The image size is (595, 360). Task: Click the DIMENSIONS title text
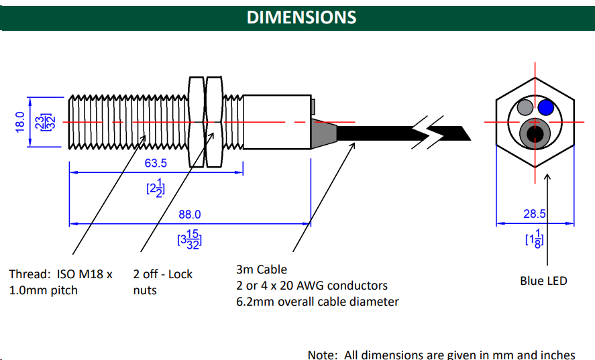coord(301,17)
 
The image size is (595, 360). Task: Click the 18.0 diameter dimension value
coord(19,121)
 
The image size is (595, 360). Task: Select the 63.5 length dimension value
coord(156,163)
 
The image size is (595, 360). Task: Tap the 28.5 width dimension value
coord(535,215)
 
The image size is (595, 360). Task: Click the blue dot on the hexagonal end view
coord(546,107)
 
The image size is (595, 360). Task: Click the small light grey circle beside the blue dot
coord(525,107)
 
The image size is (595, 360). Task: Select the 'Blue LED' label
coord(543,281)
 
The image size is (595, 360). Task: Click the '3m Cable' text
coord(262,269)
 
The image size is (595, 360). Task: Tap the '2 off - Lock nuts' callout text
coord(162,282)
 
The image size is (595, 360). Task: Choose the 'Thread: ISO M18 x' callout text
coord(60,274)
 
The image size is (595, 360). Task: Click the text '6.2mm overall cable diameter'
coord(317,302)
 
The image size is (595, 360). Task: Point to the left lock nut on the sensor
coord(197,121)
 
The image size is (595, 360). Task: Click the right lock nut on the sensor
coord(214,121)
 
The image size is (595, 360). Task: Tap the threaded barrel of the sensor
coord(127,121)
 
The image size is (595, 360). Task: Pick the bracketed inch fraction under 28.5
coord(535,239)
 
